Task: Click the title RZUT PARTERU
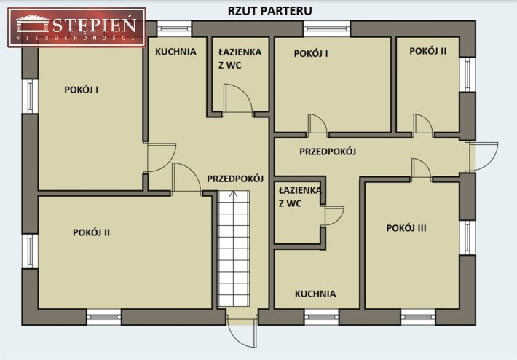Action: coord(269,11)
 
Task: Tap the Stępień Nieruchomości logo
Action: coord(77,28)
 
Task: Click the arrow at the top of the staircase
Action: coord(233,195)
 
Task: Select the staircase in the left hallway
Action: coord(233,249)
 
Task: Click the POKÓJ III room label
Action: coord(406,228)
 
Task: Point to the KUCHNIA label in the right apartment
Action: coord(315,294)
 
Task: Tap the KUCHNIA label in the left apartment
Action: coord(175,52)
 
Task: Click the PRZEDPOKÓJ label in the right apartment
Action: coord(328,152)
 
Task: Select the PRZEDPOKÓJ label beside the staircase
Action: coord(235,179)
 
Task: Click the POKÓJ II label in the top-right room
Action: coord(428,51)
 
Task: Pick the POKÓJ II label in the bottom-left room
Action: coord(91,232)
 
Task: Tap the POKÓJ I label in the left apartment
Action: coord(82,90)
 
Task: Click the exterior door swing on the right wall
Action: coord(484,157)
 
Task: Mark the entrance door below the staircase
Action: coord(242,332)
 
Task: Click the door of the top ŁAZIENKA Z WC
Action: coord(238,99)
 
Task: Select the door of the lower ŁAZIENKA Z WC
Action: coord(334,216)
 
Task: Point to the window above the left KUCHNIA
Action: coord(174,28)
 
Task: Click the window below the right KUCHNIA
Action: coord(321,317)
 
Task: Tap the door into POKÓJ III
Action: coord(421,169)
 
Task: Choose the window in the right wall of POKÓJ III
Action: coord(467,238)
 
